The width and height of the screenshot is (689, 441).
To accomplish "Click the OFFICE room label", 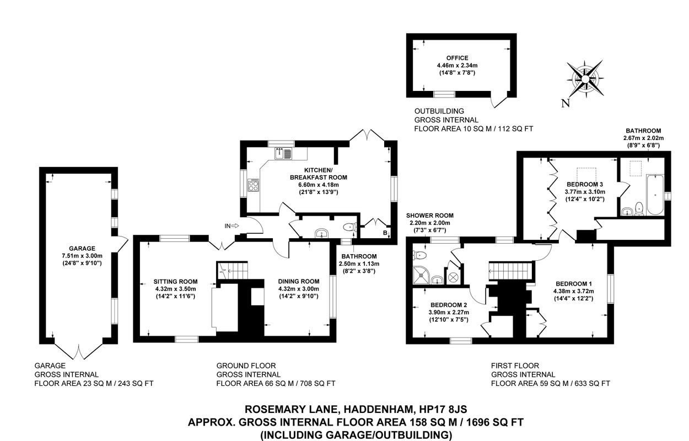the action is [457, 58].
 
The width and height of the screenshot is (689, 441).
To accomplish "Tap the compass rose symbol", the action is [585, 79].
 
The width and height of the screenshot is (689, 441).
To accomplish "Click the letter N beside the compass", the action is [566, 103].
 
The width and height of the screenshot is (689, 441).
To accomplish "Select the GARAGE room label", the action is [82, 248].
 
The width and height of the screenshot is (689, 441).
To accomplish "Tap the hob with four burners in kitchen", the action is [253, 185].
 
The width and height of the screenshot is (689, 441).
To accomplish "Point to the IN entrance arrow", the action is [235, 226].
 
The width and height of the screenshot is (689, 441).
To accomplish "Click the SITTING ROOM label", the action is [175, 281].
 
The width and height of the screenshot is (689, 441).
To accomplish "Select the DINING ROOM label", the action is [298, 281].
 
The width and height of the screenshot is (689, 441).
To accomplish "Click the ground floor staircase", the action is [232, 270].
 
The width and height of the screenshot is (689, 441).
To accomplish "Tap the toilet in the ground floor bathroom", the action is [350, 228].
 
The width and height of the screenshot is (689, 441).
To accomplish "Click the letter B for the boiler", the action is [385, 233].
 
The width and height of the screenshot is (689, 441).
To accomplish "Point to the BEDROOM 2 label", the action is [449, 305].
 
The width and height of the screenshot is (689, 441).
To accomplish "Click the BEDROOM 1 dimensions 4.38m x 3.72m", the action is [573, 291].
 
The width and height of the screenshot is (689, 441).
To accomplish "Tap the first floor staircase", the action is [511, 271].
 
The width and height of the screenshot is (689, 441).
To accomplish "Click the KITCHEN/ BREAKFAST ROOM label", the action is [319, 174].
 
